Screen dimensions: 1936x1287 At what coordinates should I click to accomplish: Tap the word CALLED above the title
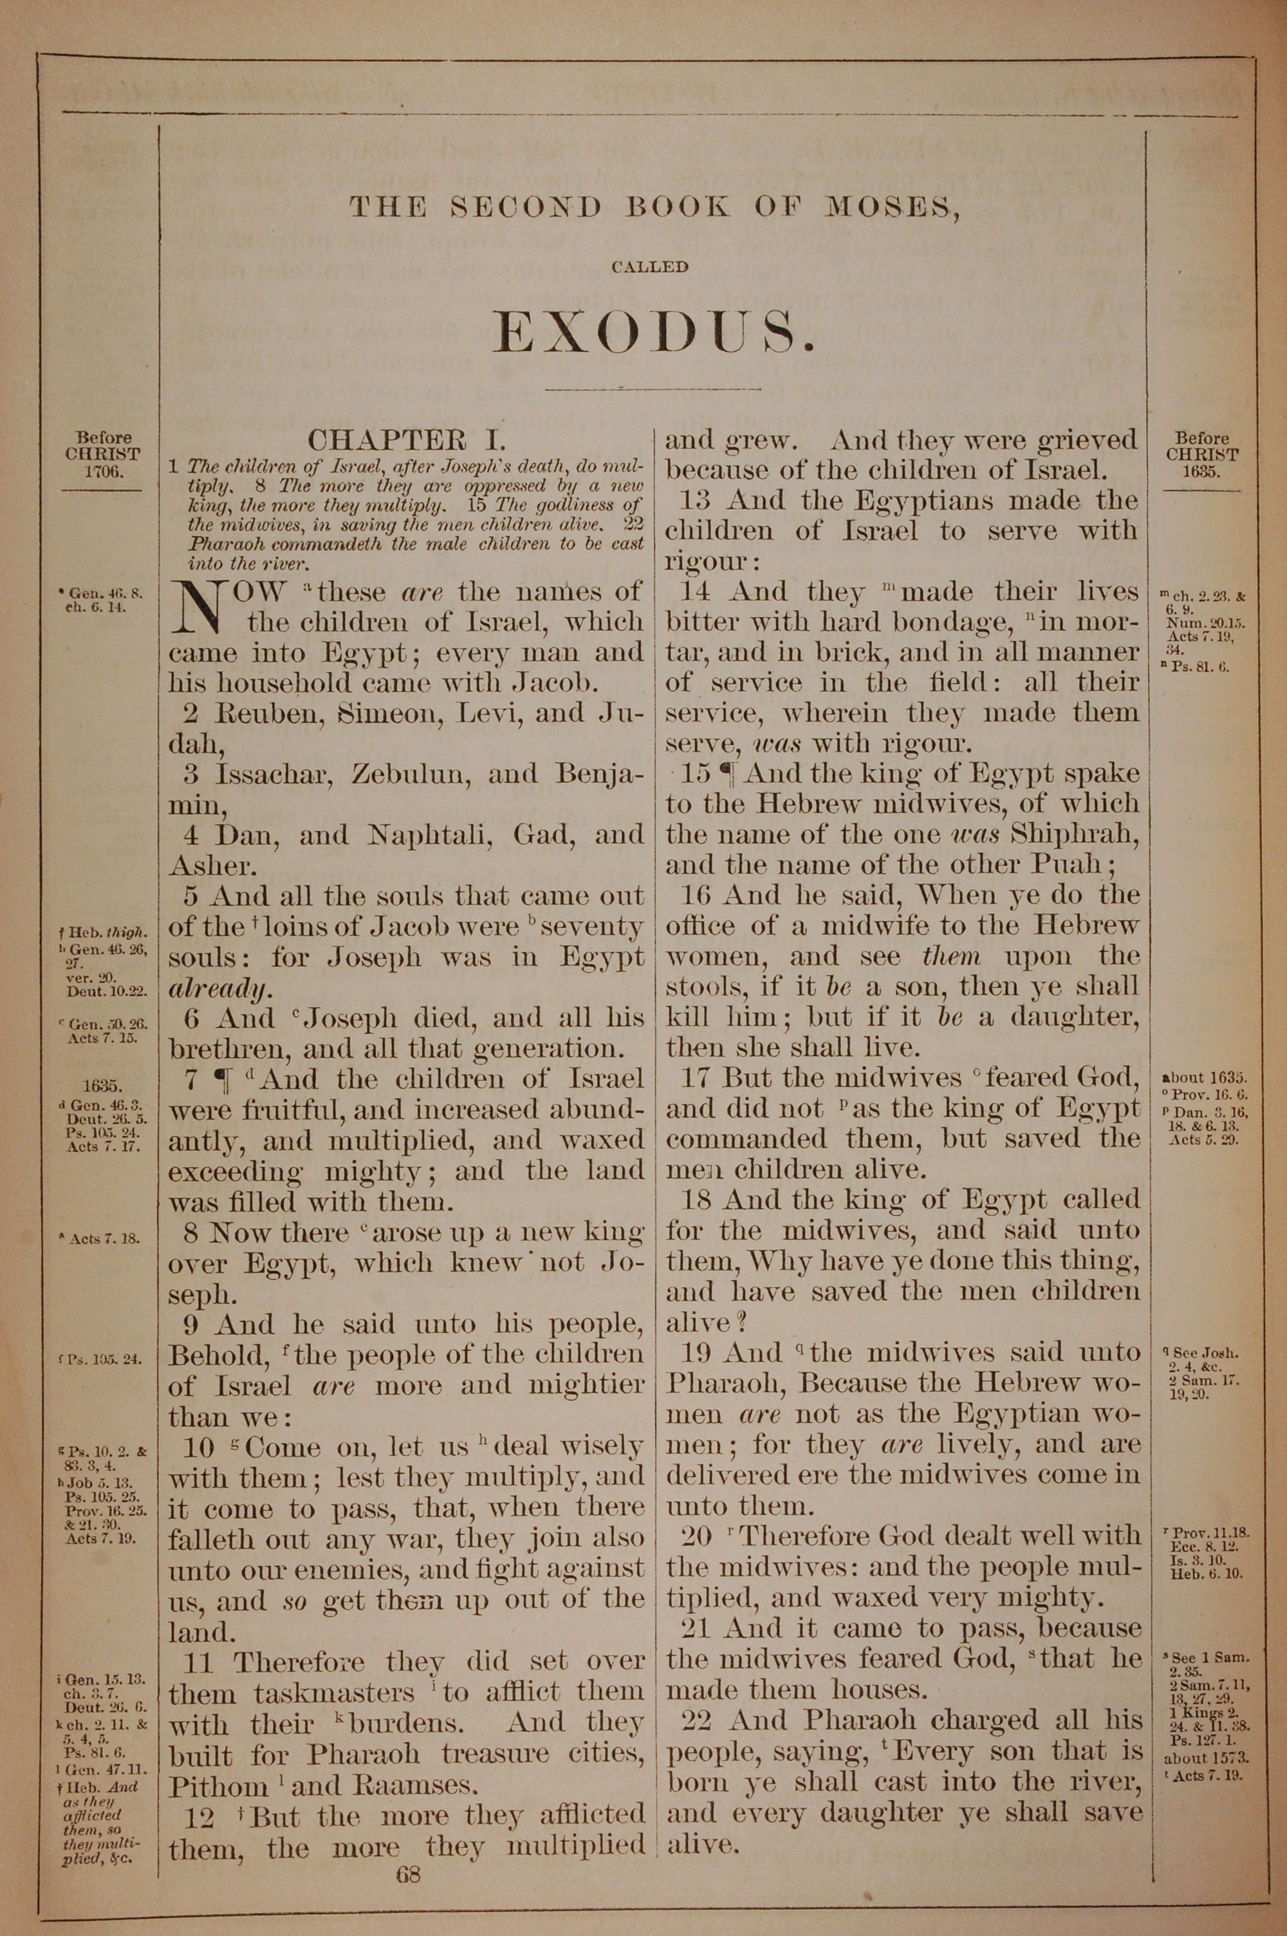649,266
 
